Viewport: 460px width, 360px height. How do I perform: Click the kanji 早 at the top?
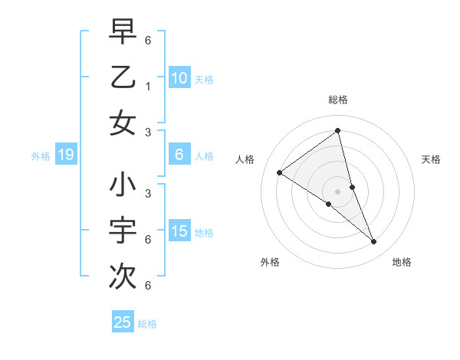pos(123,32)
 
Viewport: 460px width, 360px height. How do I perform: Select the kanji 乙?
pos(123,77)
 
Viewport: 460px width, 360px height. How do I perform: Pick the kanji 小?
pos(123,186)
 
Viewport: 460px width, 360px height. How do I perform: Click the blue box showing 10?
pos(179,77)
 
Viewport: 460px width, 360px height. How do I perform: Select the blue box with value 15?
pos(179,231)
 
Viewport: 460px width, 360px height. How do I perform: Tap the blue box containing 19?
pos(66,155)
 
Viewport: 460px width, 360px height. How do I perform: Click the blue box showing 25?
pos(123,322)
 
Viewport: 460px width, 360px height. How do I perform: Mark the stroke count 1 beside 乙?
pos(147,86)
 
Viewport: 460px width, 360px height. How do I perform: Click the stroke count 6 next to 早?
pos(147,39)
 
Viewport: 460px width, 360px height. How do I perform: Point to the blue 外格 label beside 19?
pos(41,156)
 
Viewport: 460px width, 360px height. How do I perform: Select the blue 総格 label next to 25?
pos(147,323)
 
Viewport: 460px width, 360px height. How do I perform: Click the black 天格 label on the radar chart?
pos(432,159)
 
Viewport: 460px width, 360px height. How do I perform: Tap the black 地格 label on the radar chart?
pos(402,262)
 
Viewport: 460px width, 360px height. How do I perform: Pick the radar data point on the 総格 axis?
pos(337,130)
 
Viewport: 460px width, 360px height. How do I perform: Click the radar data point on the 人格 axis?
pos(280,172)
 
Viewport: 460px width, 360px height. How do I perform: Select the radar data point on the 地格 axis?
pos(374,242)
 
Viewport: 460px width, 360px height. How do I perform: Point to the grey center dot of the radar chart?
pos(337,191)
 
